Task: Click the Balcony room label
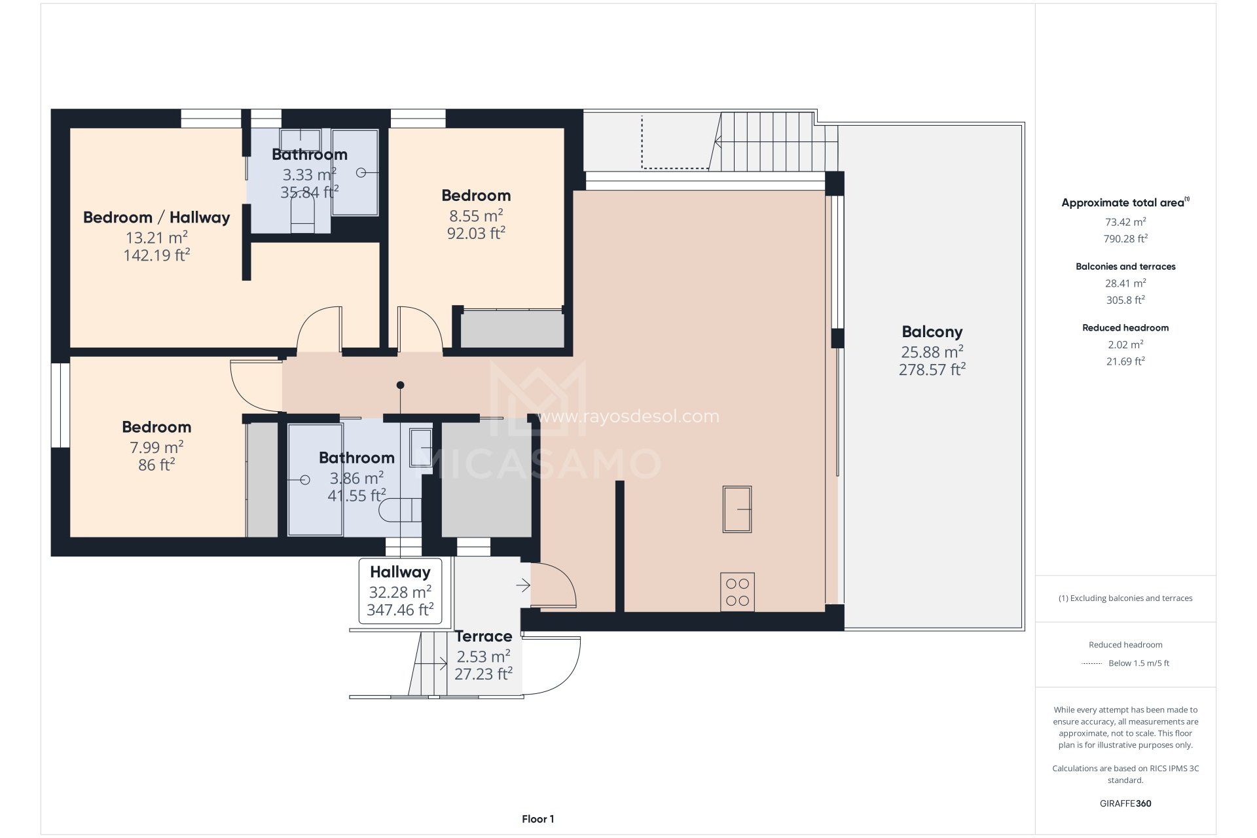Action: pos(932,332)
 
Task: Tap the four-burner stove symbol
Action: pos(737,592)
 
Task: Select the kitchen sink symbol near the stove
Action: pos(737,509)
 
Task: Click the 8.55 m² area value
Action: pos(476,215)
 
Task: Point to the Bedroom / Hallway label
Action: pos(156,217)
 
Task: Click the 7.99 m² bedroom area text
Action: pos(156,447)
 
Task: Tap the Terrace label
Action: pos(483,636)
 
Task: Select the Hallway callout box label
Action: pos(400,572)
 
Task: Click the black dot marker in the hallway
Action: pos(400,385)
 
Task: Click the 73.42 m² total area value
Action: pos(1125,222)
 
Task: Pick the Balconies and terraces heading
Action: pos(1125,266)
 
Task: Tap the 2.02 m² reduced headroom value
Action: pos(1125,344)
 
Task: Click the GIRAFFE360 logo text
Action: pos(1125,803)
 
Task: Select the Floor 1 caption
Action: pos(537,819)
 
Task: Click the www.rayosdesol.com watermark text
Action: pos(628,416)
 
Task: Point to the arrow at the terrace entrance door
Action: pos(523,585)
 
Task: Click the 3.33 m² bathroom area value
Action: pos(309,175)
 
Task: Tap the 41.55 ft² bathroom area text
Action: pos(357,496)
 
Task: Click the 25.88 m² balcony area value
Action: pos(932,352)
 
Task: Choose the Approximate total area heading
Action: pos(1123,203)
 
